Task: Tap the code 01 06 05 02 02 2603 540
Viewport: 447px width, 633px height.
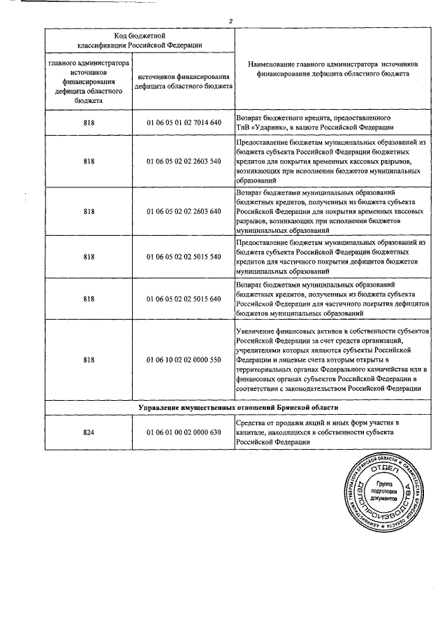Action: (184, 161)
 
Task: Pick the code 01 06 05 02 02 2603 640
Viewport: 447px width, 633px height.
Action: (184, 211)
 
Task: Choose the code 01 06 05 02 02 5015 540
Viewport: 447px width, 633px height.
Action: (184, 257)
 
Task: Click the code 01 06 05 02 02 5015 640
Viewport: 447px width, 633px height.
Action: (184, 299)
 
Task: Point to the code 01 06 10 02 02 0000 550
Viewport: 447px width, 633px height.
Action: (184, 359)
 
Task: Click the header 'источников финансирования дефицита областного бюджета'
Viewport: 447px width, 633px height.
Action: (184, 84)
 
